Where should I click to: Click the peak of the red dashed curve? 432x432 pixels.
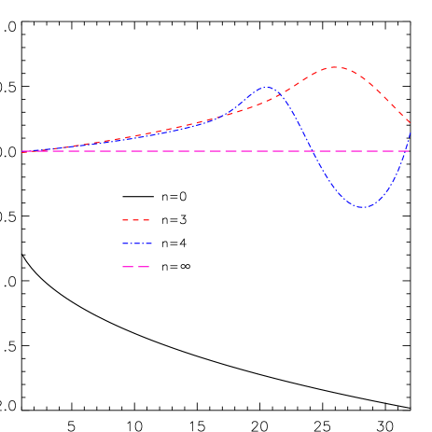334,67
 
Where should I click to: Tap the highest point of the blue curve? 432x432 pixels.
268,88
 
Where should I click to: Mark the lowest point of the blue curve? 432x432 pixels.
363,207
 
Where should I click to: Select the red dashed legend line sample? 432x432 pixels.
136,220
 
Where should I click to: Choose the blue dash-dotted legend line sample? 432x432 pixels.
136,244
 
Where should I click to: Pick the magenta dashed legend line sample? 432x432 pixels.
136,267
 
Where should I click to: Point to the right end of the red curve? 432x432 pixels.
410,122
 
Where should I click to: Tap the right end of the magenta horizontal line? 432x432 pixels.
410,151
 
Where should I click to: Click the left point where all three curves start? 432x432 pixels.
22,151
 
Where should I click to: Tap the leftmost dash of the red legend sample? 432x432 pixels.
126,220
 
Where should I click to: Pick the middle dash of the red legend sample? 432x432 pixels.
136,220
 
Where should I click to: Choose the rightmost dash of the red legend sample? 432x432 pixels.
146,220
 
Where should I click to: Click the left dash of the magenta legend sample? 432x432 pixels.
129,267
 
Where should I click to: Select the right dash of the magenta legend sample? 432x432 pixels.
144,267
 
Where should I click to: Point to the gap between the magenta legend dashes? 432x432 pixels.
136,267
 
